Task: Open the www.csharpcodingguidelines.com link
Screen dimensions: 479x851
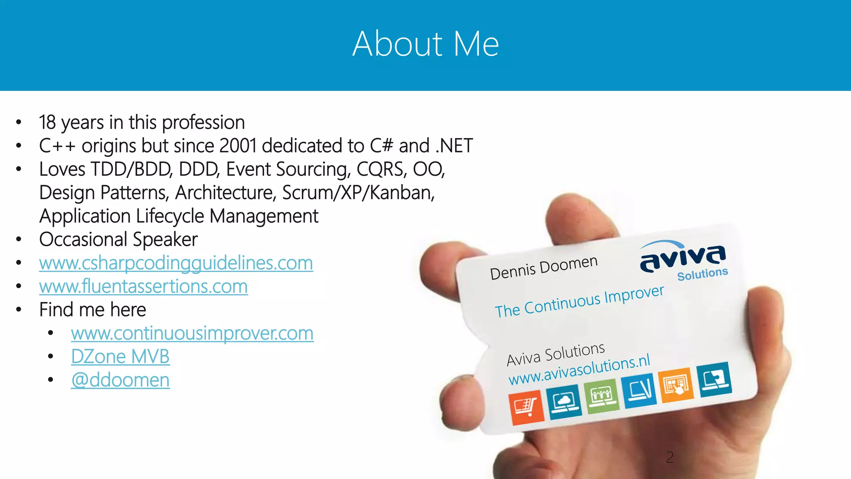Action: click(x=176, y=263)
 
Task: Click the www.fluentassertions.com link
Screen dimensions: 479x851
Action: click(x=143, y=286)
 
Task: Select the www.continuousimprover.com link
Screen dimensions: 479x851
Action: click(x=192, y=333)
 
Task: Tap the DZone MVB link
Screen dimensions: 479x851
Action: click(x=120, y=357)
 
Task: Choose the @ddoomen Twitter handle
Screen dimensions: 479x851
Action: click(x=120, y=380)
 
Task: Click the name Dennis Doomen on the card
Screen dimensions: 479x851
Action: click(x=544, y=268)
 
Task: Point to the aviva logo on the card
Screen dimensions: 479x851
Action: click(x=682, y=258)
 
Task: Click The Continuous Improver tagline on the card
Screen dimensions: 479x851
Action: click(x=579, y=301)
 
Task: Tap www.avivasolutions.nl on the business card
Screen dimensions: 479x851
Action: click(x=579, y=370)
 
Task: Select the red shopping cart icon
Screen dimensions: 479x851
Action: click(x=526, y=407)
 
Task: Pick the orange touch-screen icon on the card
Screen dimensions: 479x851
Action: click(x=676, y=385)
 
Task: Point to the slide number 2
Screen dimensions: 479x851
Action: click(x=669, y=457)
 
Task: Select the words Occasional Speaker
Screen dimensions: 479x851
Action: click(x=118, y=239)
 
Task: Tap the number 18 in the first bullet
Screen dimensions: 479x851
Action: click(x=47, y=123)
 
